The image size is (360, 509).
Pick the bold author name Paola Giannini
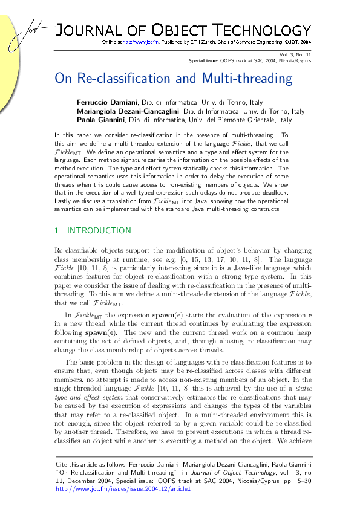pyautogui.click(x=100, y=120)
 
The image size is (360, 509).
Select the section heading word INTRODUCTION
pyautogui.click(x=99, y=230)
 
